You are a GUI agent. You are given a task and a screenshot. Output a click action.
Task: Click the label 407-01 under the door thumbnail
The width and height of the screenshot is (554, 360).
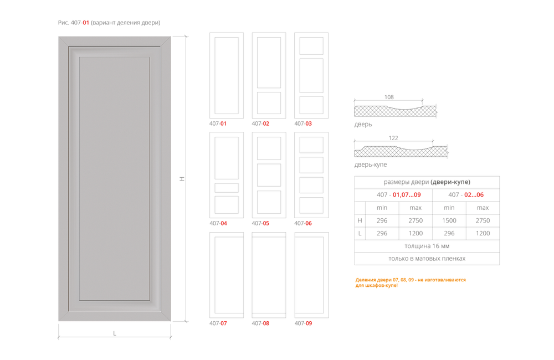[218, 124]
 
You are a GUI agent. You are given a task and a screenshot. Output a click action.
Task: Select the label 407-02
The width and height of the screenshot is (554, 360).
[261, 124]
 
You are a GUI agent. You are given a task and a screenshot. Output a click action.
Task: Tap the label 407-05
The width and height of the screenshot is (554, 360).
[261, 224]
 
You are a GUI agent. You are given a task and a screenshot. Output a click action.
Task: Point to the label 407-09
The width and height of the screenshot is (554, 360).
[303, 323]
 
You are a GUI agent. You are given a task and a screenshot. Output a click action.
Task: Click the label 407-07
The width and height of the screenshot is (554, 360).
[218, 323]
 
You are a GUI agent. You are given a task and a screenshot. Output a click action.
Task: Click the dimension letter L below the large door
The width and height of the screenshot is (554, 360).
[115, 333]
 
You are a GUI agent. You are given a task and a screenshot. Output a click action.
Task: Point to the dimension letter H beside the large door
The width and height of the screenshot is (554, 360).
[181, 178]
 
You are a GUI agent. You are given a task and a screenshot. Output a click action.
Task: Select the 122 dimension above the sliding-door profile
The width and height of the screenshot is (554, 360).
[393, 137]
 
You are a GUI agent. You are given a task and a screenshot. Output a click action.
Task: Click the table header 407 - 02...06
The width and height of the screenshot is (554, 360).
[466, 195]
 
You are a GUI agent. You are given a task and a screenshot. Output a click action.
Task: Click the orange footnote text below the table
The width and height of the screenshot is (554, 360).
[411, 282]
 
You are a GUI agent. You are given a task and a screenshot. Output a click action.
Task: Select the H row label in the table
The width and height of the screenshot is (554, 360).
[360, 220]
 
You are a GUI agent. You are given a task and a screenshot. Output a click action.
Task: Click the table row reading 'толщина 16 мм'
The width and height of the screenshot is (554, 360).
[427, 245]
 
